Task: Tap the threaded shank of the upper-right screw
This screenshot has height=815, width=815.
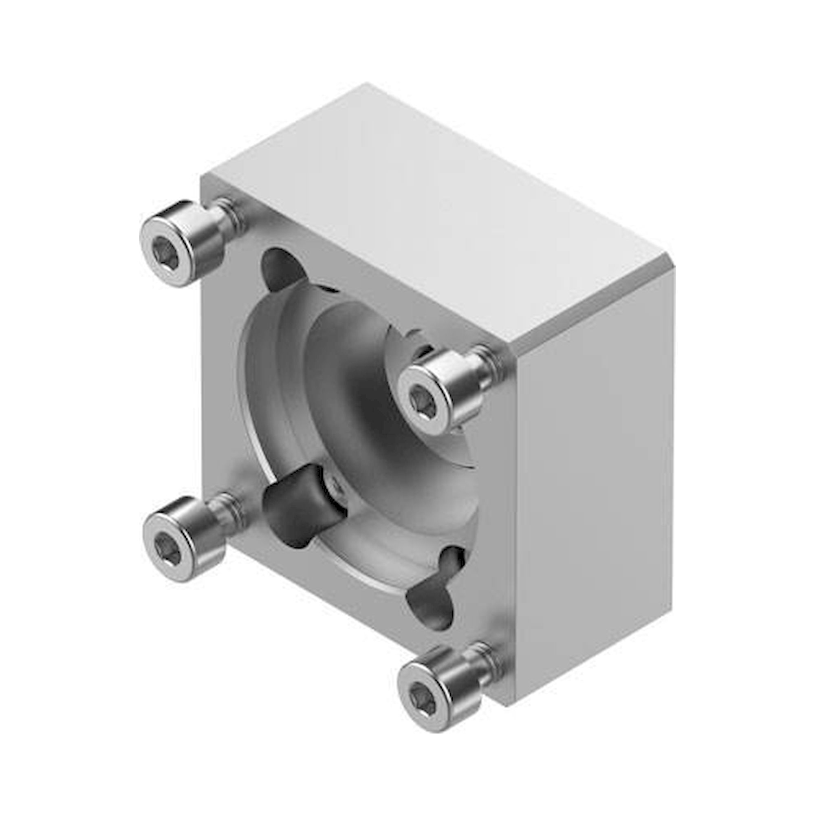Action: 485,367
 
